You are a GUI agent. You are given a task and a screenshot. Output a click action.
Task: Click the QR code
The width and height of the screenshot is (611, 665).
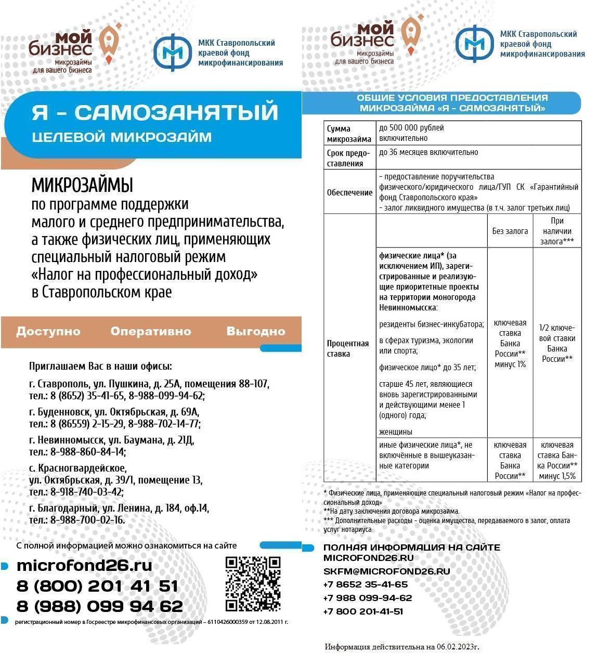[253, 583]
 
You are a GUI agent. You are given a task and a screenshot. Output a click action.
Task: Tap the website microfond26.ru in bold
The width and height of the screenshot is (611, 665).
[84, 565]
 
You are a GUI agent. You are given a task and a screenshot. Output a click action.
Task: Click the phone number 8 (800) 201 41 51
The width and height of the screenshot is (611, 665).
[97, 586]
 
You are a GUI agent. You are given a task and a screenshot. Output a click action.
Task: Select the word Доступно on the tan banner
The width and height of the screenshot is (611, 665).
[48, 331]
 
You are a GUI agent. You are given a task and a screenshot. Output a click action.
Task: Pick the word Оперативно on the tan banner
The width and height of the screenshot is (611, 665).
[151, 331]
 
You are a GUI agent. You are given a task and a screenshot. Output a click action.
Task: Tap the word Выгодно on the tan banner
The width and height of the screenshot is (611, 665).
[256, 331]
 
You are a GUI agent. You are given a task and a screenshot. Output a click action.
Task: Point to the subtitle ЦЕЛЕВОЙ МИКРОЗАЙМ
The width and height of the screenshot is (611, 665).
[122, 137]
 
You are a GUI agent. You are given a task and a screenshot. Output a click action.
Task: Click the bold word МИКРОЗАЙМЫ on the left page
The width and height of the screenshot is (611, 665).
[82, 186]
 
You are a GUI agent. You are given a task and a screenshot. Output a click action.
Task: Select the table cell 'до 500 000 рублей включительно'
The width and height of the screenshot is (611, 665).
[411, 133]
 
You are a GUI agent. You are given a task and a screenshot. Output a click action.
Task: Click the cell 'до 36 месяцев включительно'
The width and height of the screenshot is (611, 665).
[428, 152]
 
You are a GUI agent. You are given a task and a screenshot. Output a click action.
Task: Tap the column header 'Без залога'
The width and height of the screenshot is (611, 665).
[510, 231]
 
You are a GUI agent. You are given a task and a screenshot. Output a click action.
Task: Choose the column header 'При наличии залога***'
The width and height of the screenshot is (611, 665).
[557, 231]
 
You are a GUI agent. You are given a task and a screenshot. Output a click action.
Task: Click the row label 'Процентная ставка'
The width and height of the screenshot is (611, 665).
[348, 348]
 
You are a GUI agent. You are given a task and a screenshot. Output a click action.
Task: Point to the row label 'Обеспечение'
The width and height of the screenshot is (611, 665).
[349, 192]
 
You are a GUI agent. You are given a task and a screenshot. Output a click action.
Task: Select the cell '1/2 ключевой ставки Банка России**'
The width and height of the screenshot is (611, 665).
[557, 343]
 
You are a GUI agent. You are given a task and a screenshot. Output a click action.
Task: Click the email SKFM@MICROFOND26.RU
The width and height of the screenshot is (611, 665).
[386, 571]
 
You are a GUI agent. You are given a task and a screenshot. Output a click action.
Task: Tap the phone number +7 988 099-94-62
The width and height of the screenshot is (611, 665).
[367, 598]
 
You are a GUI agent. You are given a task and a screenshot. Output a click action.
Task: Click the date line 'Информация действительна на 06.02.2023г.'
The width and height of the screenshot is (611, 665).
[401, 647]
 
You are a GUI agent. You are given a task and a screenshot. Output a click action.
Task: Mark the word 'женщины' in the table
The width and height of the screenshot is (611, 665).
[396, 432]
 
